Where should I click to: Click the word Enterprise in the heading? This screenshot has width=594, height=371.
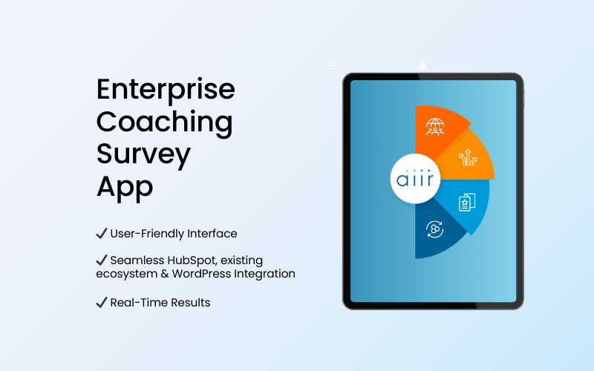[166, 91]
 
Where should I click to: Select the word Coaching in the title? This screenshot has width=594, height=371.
[164, 122]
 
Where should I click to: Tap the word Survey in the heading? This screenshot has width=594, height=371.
[143, 154]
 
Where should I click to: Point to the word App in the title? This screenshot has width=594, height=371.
[125, 186]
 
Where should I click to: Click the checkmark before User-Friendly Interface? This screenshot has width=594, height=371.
[102, 233]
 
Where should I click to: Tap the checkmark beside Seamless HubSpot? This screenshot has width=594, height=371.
[102, 260]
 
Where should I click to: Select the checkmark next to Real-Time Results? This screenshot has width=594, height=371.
[102, 302]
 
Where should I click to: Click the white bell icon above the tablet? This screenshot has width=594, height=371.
[422, 66]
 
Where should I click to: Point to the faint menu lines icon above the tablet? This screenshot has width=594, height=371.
[333, 65]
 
